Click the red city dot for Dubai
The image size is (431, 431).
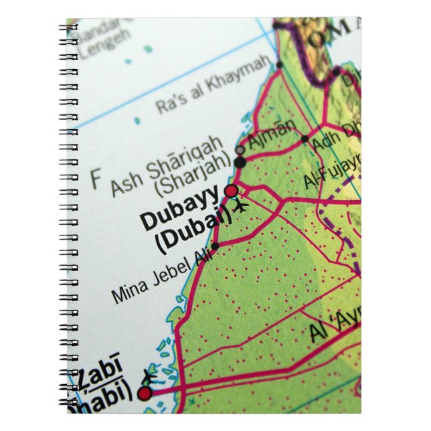pyautogui.click(x=231, y=191)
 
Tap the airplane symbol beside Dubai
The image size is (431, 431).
pyautogui.click(x=241, y=205)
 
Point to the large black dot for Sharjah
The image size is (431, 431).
pyautogui.click(x=240, y=162)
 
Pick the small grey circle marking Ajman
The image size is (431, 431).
pyautogui.click(x=240, y=150)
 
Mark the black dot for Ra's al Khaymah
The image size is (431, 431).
pyautogui.click(x=280, y=65)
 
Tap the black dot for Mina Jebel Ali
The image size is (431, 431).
pyautogui.click(x=215, y=246)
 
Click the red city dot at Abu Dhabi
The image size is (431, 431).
pyautogui.click(x=145, y=394)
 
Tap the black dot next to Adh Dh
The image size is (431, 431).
pyautogui.click(x=305, y=139)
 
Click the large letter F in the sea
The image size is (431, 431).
pyautogui.click(x=96, y=179)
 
